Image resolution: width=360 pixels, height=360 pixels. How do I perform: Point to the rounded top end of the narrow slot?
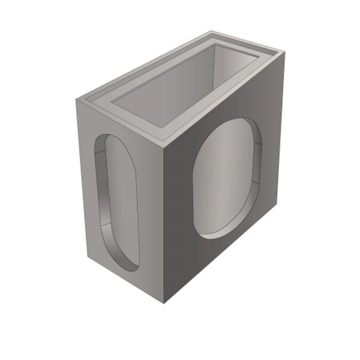point(108,139)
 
